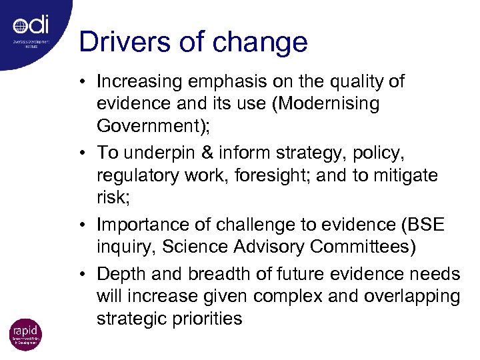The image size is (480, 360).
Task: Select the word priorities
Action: [x=205, y=319]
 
